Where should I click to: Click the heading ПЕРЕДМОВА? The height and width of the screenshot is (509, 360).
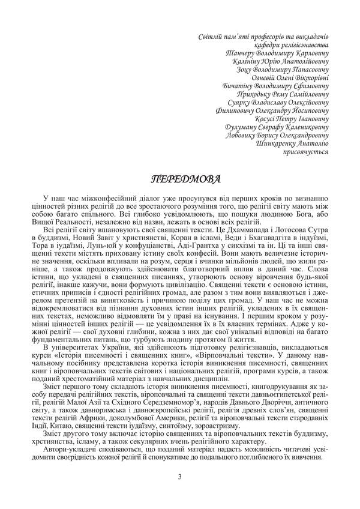tap(179, 179)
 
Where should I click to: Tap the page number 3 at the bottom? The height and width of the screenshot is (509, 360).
tap(179, 477)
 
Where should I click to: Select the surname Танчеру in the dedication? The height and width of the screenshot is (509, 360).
tap(239, 53)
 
